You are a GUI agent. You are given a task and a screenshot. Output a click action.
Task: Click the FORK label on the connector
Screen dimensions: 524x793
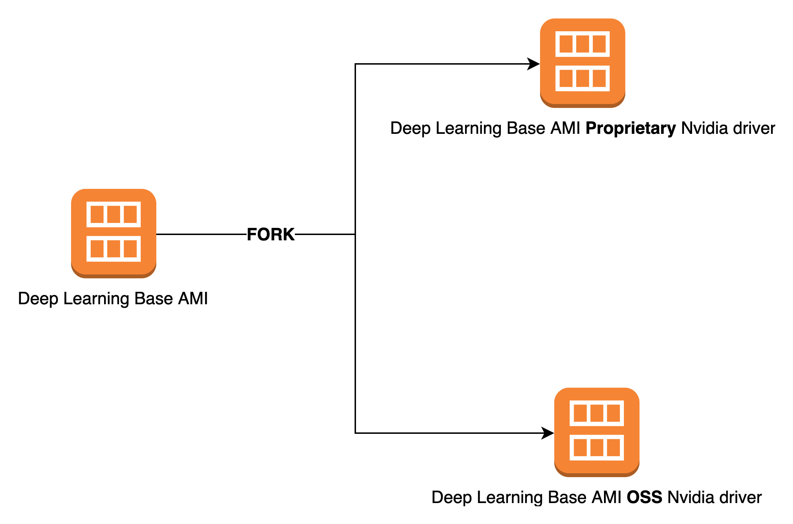point(271,235)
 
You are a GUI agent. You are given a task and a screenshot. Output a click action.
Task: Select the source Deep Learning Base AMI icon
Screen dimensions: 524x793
point(114,233)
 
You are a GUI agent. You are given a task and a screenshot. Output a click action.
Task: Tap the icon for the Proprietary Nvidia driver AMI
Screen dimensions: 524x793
point(583,62)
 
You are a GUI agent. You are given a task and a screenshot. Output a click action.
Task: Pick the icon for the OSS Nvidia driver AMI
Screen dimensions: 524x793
point(597,432)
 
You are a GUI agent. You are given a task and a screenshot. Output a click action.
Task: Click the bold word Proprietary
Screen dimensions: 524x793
point(631,129)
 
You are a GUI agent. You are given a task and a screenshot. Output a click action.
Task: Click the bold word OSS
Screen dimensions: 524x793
point(644,497)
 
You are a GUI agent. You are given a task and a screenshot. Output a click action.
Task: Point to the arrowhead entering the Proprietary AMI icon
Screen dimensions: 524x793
point(534,64)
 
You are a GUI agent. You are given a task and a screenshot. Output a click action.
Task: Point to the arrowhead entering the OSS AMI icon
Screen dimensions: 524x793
point(548,433)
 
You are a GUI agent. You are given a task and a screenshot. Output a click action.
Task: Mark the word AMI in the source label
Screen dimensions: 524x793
point(193,299)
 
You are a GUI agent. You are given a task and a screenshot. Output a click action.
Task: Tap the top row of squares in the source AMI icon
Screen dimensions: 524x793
point(114,214)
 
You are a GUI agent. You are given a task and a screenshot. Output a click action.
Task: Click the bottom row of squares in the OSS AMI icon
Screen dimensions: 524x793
point(597,447)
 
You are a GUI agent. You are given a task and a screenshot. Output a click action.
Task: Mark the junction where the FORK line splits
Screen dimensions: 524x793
point(355,234)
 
